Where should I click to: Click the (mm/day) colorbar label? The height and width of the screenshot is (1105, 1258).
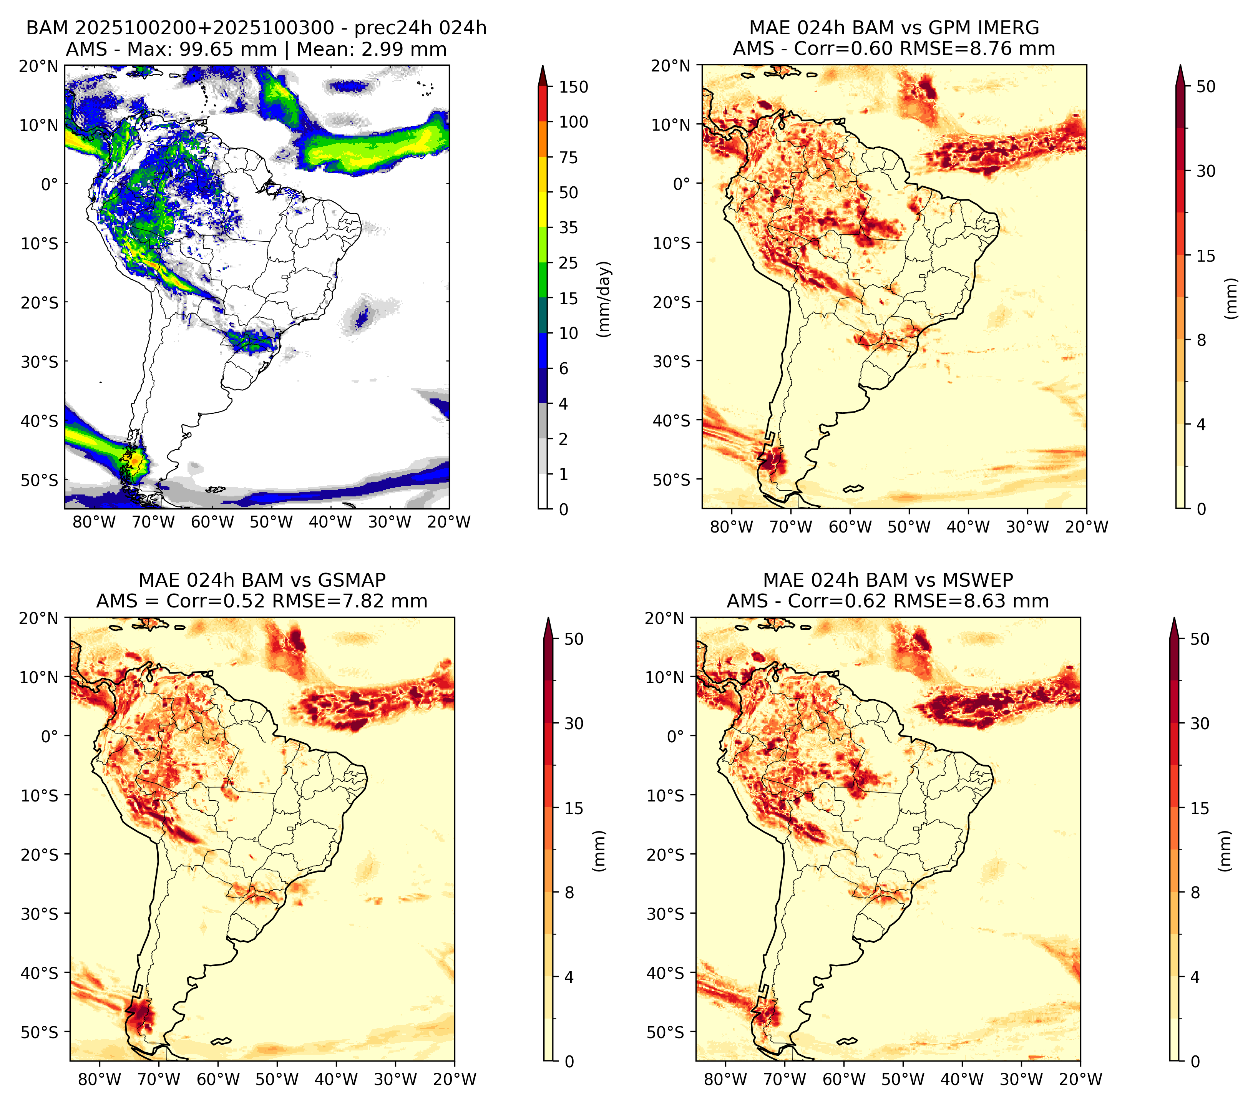(605, 299)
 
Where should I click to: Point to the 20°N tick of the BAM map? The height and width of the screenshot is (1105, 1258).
(38, 66)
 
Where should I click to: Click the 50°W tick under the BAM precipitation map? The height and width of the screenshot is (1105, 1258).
(271, 523)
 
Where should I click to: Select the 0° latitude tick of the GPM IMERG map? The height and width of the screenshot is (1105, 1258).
(682, 183)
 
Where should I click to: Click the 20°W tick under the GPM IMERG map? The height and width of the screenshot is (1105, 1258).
(1087, 527)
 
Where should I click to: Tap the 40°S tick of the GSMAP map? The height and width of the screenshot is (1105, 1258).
(38, 973)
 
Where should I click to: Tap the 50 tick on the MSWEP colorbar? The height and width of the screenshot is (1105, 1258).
(1200, 639)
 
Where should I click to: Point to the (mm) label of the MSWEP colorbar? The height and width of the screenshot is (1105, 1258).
(1226, 851)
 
